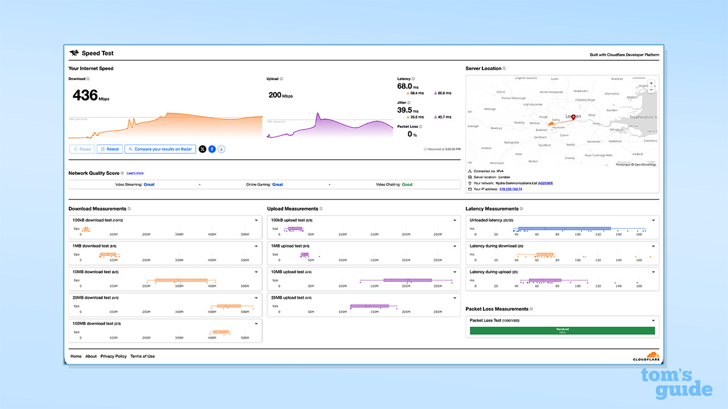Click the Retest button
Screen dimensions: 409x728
(110, 149)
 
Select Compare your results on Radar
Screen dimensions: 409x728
(160, 149)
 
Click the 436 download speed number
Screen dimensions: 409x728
(85, 95)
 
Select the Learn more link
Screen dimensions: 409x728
(135, 173)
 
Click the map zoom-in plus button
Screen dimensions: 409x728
(651, 83)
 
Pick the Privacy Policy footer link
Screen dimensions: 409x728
(114, 356)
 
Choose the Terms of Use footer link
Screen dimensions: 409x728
(142, 356)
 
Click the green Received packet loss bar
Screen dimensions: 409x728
(562, 331)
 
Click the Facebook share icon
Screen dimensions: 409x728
(212, 149)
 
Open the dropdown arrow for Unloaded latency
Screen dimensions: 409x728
(653, 220)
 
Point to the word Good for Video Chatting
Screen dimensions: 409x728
(407, 185)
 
